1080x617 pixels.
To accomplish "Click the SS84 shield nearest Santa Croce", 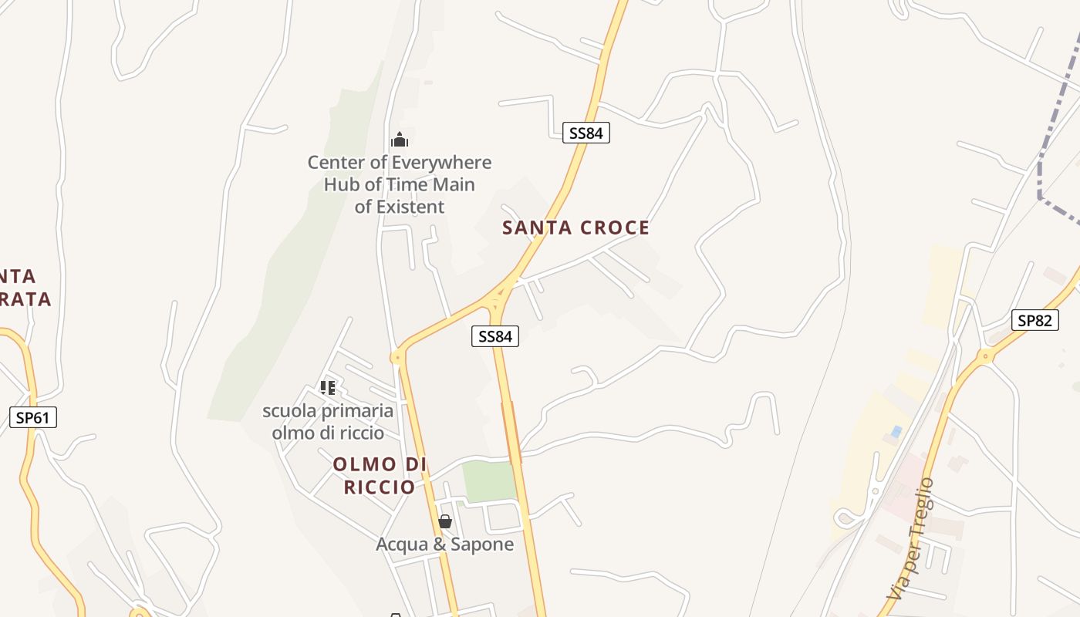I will (x=586, y=133).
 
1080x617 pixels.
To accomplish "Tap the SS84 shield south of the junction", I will (x=494, y=336).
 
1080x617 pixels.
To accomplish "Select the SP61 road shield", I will (x=33, y=418).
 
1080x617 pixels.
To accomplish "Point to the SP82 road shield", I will (x=1034, y=320).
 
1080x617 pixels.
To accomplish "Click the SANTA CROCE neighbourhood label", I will (x=575, y=228).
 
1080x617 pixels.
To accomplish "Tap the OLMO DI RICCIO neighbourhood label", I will (x=380, y=476).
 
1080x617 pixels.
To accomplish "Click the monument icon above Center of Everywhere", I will (x=399, y=140).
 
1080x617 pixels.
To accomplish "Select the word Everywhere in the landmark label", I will (x=441, y=163).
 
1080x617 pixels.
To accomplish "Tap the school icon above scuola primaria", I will (x=328, y=387).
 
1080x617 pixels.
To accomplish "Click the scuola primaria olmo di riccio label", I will (x=328, y=422).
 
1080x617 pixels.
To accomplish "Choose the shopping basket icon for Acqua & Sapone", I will (x=444, y=521).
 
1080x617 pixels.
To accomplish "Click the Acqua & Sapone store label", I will (x=444, y=545).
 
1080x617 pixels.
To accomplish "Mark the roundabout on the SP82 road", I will (x=985, y=356).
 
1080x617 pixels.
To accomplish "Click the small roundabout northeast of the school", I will (x=397, y=356).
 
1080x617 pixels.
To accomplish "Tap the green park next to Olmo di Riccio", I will (x=489, y=481).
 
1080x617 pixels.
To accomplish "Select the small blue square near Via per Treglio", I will (x=896, y=432).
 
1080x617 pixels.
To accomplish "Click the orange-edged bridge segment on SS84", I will (x=511, y=432).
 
